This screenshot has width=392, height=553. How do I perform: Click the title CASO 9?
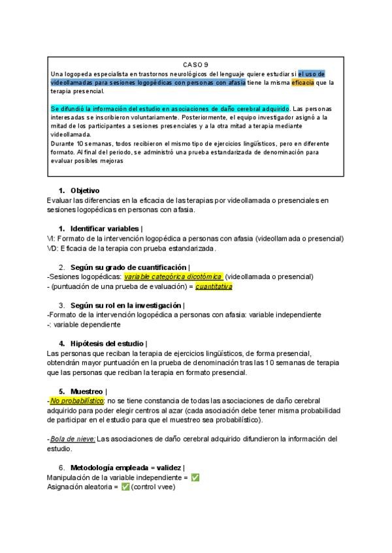(195, 65)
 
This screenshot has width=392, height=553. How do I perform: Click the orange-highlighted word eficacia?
(302, 82)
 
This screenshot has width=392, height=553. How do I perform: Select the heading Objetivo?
(85, 190)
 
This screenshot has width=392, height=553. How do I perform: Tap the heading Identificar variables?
(105, 229)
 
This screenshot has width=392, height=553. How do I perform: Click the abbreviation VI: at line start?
(52, 239)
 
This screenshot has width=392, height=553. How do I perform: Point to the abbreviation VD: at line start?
(53, 248)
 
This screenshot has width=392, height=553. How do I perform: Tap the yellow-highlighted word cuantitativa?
(214, 286)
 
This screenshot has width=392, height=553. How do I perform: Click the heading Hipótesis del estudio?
(108, 343)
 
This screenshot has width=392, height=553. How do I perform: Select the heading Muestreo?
(87, 391)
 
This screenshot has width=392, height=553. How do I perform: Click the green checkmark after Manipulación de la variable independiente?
(195, 477)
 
